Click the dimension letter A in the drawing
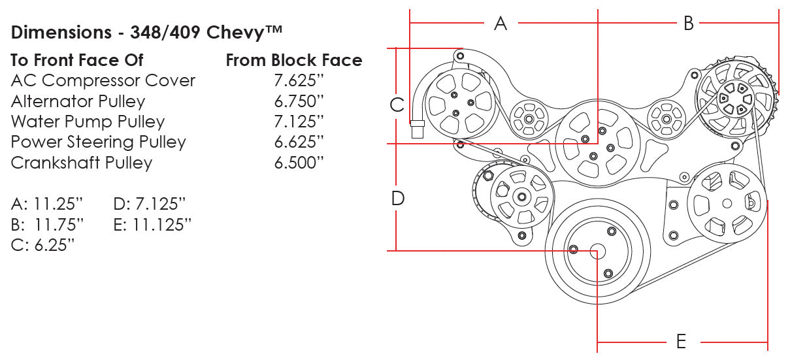coord(501,24)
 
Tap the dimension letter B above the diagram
coord(689,24)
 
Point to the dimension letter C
coord(397,105)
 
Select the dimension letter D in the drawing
coord(398,198)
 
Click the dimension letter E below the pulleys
coord(681,341)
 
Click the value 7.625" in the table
coord(299,81)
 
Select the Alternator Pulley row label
coord(78,101)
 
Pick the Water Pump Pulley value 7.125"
coord(299,122)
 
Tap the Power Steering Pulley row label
coord(98,142)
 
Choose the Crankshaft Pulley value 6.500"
coord(299,163)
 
